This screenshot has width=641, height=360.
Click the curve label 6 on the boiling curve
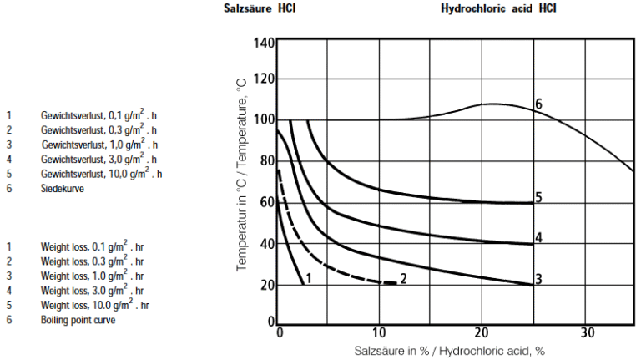tap(539, 104)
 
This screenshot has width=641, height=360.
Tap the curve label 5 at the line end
tap(539, 198)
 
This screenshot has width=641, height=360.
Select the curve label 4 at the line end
tap(539, 238)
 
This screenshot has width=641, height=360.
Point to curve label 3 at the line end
tap(539, 278)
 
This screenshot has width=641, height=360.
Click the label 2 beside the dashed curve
tap(403, 278)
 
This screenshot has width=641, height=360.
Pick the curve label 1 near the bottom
tap(309, 278)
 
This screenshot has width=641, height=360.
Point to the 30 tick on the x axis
tap(587, 332)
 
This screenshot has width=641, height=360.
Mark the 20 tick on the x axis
tap(482, 332)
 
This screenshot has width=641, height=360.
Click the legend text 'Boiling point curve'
tap(78, 320)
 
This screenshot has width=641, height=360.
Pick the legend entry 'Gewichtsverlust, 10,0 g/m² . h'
tap(101, 174)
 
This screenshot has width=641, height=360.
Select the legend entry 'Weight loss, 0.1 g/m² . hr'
tap(92, 246)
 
